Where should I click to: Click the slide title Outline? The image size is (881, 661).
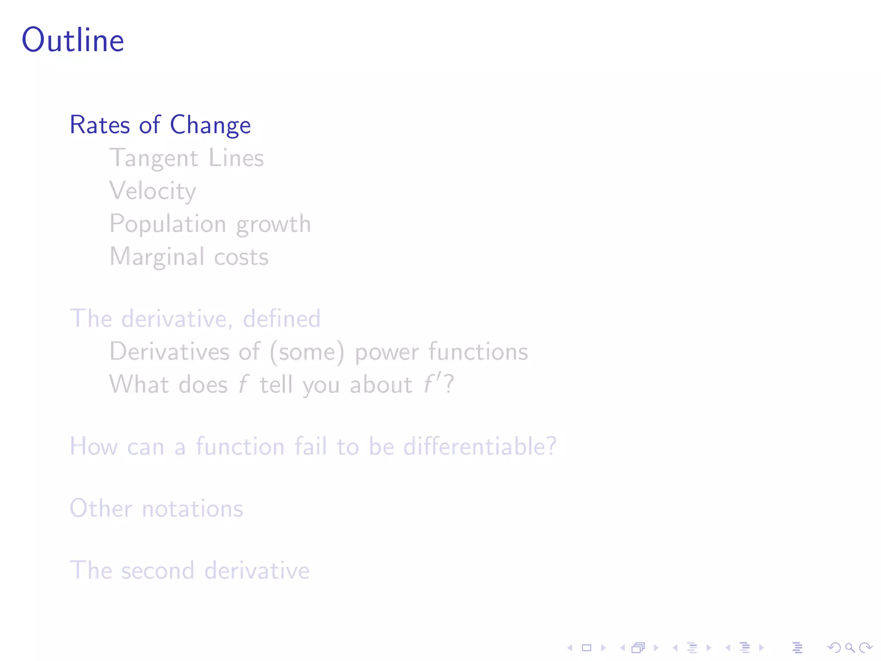pos(73,40)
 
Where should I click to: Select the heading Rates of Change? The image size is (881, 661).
pos(160,125)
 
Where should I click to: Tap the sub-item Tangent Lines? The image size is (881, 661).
pos(186,158)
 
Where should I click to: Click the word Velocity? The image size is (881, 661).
pos(153,191)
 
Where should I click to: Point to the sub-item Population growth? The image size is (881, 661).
pos(210,224)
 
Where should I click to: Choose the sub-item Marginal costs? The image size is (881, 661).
pos(189,256)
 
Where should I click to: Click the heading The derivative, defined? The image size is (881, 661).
pos(195,318)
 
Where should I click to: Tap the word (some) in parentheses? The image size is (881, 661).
pos(307,352)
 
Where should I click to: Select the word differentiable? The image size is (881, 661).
pos(480,446)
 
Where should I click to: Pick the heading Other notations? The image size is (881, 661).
pos(156,508)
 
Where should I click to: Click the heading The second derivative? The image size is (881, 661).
pos(189,570)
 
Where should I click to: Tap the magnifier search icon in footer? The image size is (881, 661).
pos(850,648)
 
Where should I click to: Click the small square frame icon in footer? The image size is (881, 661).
pos(587,648)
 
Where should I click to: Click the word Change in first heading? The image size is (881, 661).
pos(210,125)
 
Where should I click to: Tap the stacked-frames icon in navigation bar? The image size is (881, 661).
pos(639,648)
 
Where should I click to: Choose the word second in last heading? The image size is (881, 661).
pos(157,571)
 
